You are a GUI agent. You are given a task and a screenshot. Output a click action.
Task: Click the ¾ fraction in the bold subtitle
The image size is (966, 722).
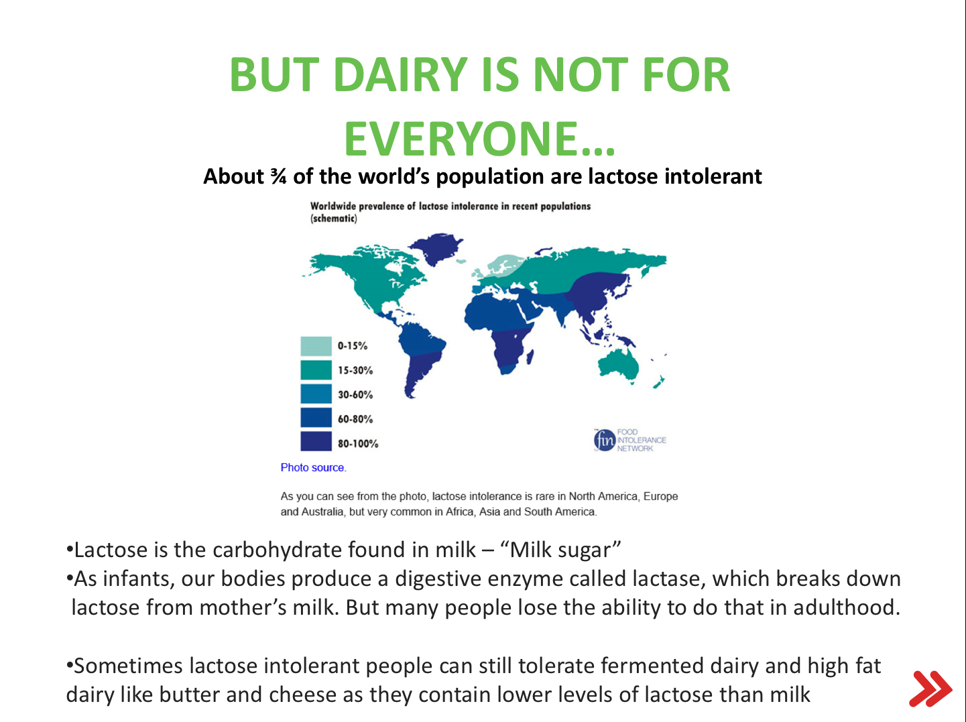coord(278,177)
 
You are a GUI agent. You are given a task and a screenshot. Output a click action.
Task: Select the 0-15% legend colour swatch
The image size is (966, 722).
coord(316,346)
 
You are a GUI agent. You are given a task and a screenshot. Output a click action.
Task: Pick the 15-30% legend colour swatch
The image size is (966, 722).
coord(316,370)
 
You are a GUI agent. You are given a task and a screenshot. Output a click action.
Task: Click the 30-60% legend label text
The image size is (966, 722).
coord(355,395)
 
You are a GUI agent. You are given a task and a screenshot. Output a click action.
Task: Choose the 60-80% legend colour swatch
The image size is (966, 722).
coord(316,418)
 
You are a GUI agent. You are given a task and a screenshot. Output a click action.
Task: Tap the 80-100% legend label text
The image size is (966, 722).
coord(358,444)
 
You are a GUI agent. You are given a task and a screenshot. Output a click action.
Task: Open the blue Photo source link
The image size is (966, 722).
coord(313,467)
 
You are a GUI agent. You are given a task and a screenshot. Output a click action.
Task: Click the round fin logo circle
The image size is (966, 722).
coord(605,440)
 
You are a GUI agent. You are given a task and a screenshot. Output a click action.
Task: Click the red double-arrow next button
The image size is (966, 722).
coord(930,689)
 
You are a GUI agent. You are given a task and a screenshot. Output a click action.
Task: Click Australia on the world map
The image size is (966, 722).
coord(618,366)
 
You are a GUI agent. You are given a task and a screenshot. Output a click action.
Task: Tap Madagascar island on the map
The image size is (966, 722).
coord(530,357)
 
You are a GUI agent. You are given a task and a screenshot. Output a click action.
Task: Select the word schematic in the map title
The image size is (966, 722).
coord(334,219)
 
